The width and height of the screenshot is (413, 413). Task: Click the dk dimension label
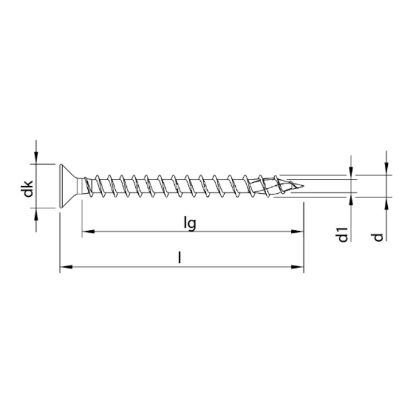28,189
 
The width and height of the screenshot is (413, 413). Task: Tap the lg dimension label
190,224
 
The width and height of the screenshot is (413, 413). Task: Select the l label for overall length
180,258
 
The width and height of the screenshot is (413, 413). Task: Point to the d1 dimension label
343,235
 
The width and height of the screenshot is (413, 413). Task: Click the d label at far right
378,237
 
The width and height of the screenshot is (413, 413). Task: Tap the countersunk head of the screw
68,186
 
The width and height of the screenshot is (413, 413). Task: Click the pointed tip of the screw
303,186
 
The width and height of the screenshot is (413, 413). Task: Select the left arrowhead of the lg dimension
88,232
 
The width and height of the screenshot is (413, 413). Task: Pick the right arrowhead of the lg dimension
297,232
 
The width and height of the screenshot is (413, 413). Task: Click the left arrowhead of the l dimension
66,267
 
